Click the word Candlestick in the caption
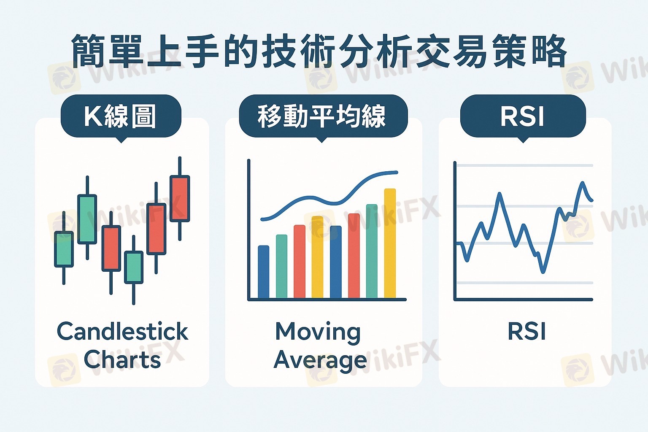(123, 331)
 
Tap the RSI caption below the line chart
(526, 332)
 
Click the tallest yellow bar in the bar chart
(390, 243)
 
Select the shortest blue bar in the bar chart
(264, 272)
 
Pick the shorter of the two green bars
(281, 266)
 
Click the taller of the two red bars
(354, 256)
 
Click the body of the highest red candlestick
(180, 199)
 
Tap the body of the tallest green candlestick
(87, 219)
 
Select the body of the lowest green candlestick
(134, 267)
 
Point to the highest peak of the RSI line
(582, 182)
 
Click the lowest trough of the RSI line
(543, 272)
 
